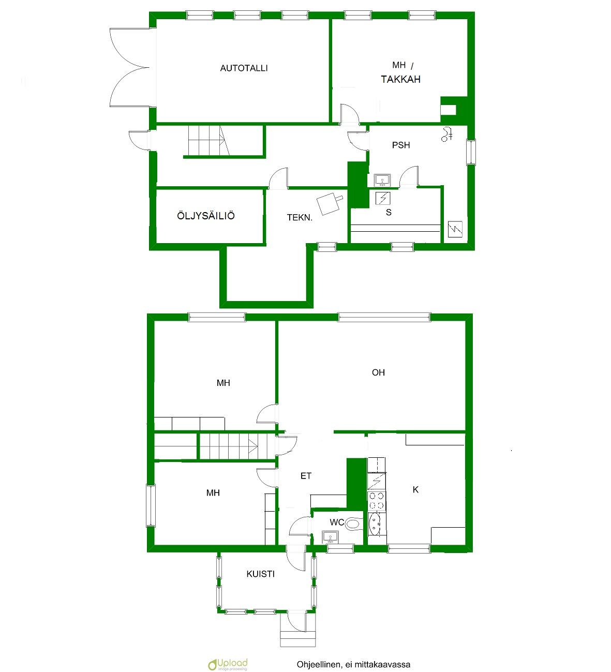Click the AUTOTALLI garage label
(244, 68)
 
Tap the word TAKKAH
(400, 79)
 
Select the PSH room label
(401, 145)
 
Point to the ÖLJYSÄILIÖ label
(205, 215)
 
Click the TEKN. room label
(300, 217)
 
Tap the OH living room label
(378, 372)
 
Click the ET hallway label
(306, 476)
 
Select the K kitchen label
(415, 489)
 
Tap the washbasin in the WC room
(330, 537)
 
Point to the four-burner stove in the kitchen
(377, 501)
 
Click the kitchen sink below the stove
(377, 524)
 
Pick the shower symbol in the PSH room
(447, 134)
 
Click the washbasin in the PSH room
(382, 180)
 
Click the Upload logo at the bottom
(228, 664)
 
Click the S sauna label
(389, 212)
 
